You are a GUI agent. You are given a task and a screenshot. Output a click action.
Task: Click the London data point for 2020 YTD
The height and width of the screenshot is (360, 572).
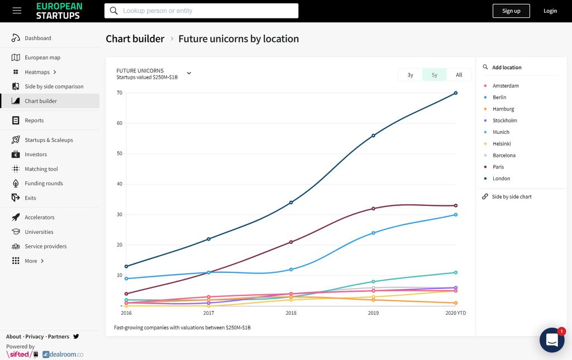pyautogui.click(x=456, y=93)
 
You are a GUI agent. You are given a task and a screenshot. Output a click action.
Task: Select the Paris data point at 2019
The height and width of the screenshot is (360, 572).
pyautogui.click(x=373, y=208)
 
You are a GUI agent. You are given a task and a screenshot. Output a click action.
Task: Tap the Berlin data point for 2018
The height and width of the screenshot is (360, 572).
pyautogui.click(x=291, y=270)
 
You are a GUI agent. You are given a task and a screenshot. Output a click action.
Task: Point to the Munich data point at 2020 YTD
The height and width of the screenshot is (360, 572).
pyautogui.click(x=456, y=272)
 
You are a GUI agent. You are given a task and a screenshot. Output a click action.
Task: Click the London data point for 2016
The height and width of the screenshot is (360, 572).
pyautogui.click(x=126, y=266)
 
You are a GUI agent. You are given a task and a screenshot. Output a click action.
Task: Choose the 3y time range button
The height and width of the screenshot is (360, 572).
pyautogui.click(x=410, y=75)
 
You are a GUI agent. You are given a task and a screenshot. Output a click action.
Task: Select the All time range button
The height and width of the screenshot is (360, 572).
pyautogui.click(x=459, y=75)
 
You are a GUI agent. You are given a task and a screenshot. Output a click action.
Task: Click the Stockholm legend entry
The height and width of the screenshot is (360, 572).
pyautogui.click(x=504, y=121)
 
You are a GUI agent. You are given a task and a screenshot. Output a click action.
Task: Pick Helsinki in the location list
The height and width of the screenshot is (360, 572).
pyautogui.click(x=502, y=144)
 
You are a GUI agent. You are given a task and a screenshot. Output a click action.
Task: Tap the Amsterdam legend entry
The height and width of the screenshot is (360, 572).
pyautogui.click(x=505, y=86)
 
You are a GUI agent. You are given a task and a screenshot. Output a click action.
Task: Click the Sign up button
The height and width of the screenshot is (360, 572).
pyautogui.click(x=511, y=11)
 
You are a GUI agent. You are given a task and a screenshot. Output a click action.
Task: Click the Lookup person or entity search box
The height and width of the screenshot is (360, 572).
pyautogui.click(x=201, y=11)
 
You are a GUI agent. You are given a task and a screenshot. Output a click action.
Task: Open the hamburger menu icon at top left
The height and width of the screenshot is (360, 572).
pyautogui.click(x=17, y=11)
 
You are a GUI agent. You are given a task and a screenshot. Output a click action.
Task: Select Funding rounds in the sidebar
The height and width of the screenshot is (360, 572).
pyautogui.click(x=44, y=184)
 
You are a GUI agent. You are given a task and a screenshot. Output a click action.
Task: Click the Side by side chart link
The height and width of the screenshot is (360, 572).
pyautogui.click(x=511, y=197)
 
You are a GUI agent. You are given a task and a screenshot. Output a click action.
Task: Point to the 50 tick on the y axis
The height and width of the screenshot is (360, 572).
pyautogui.click(x=119, y=153)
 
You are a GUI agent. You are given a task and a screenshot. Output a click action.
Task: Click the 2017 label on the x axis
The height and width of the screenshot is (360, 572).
pyautogui.click(x=208, y=313)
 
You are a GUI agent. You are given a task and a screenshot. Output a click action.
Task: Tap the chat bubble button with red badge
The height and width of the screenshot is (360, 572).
pyautogui.click(x=551, y=340)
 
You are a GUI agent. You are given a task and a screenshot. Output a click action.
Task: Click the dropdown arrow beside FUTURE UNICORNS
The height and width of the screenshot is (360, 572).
pyautogui.click(x=189, y=73)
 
